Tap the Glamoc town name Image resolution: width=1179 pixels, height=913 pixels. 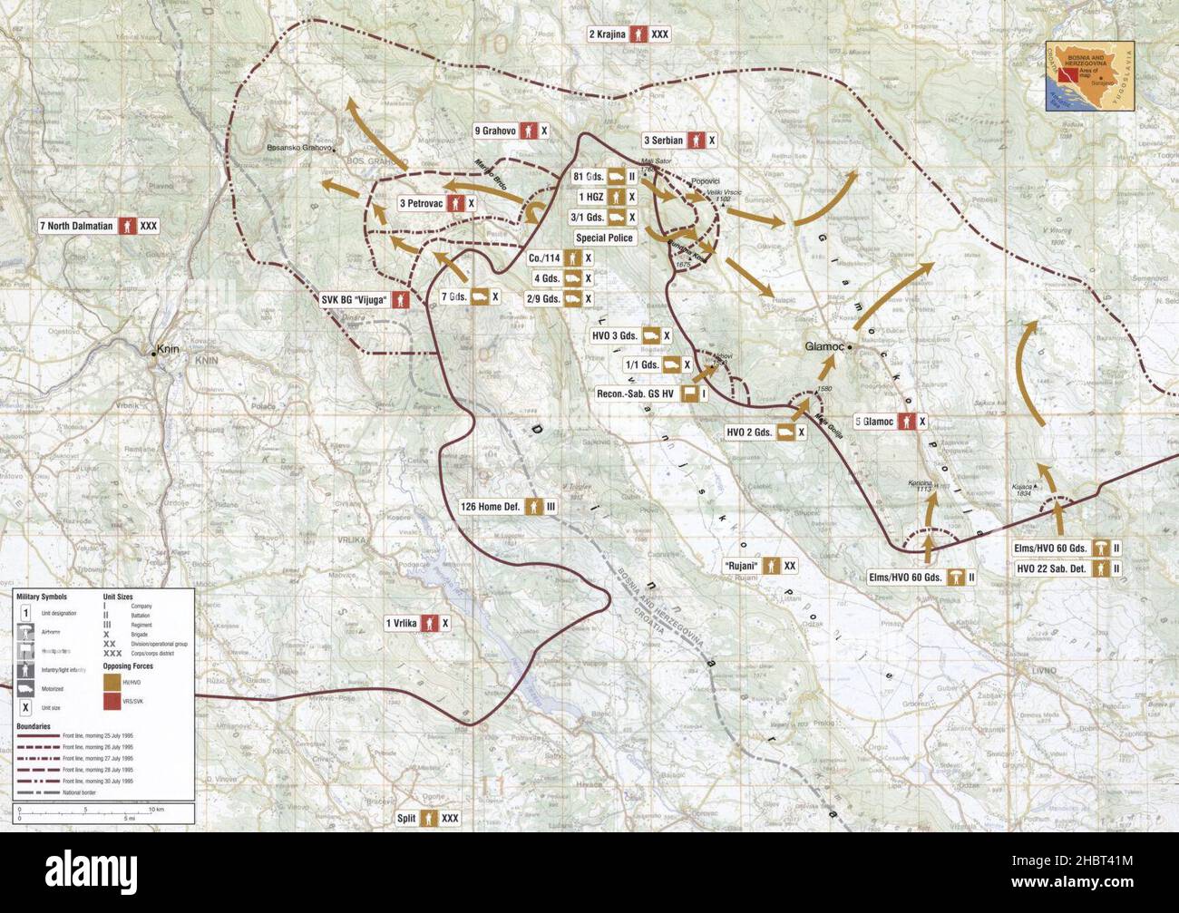pos(824,346)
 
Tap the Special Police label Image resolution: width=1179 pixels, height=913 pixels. pos(605,238)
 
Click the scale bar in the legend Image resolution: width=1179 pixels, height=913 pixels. pos(89,809)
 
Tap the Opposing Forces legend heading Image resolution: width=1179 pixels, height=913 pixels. pos(128,666)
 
